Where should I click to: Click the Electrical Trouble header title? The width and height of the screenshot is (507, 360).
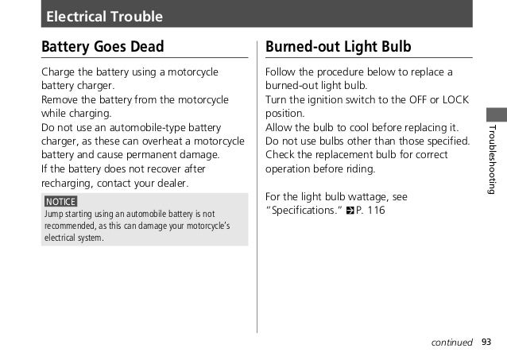104,16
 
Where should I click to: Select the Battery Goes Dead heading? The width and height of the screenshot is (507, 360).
103,46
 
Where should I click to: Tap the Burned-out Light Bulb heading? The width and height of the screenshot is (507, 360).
338,46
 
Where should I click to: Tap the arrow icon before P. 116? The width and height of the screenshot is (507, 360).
350,211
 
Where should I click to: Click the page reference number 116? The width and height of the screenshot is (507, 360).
376,211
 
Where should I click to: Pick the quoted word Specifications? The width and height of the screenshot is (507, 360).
304,211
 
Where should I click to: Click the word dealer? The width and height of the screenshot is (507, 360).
170,184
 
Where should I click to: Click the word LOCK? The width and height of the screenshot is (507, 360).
455,101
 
